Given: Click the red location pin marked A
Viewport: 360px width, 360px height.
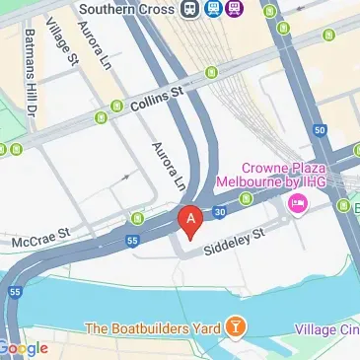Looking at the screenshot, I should [189, 218].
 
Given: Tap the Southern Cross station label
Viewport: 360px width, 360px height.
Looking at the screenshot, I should [121, 9].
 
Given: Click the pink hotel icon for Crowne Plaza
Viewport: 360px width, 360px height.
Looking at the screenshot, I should [296, 204].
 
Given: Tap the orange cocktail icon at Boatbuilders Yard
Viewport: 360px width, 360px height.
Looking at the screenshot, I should [236, 326].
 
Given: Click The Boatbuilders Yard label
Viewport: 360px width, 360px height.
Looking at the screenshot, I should [152, 327].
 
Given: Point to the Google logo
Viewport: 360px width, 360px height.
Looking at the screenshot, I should [24, 348].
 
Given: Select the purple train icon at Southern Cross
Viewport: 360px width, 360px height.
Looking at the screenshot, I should [233, 9].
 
